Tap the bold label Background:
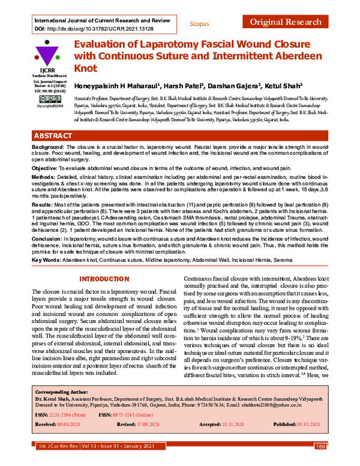[47, 147]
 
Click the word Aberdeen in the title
[302, 58]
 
